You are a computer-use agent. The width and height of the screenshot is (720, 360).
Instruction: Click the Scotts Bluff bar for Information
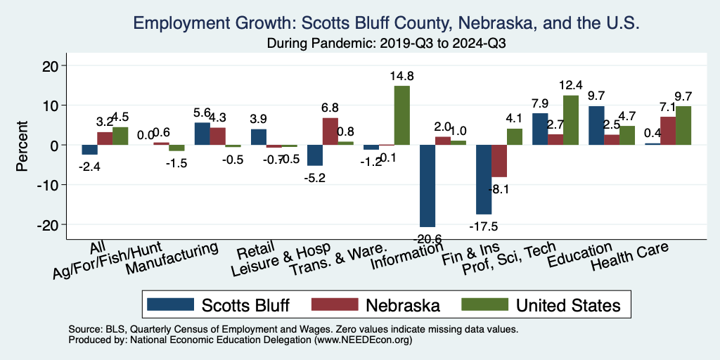pos(427,186)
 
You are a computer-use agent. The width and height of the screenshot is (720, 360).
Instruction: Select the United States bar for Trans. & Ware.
pos(401,115)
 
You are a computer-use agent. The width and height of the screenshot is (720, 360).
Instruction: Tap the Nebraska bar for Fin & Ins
pos(499,161)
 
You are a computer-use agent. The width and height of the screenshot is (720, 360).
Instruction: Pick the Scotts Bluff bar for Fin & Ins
pos(484,179)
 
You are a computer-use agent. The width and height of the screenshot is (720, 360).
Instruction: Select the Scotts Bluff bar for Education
pos(596,125)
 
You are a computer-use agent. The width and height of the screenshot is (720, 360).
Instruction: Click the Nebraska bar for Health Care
pos(668,131)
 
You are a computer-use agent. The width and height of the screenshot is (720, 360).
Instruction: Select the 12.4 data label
pos(571,84)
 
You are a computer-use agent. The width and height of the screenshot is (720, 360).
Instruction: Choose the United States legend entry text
pos(568,305)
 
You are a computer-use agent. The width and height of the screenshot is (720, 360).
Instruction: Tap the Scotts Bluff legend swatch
pos(172,304)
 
